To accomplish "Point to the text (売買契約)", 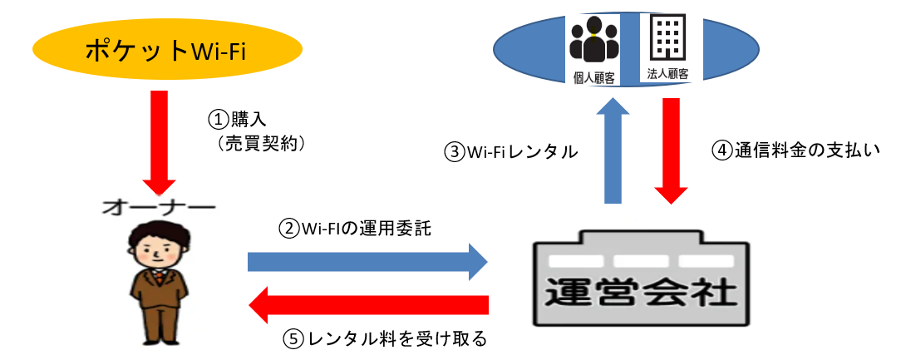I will [259, 143].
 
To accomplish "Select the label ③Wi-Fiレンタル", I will [511, 152].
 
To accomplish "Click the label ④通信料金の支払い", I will [795, 150].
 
